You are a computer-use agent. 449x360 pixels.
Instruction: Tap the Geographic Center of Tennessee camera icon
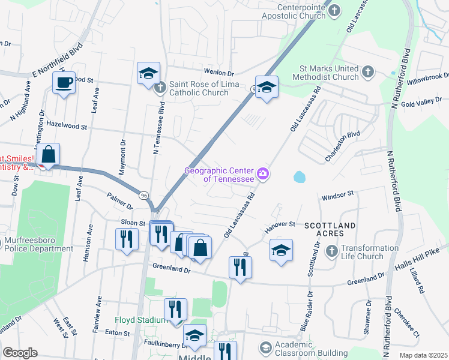tap(263, 175)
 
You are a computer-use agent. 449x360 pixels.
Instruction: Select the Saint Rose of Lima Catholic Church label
tap(198, 88)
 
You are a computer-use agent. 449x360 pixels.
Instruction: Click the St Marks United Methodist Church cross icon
tap(369, 73)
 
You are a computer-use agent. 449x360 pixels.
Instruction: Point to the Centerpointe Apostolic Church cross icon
tap(335, 10)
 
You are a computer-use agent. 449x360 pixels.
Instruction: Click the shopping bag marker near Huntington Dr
tap(48, 155)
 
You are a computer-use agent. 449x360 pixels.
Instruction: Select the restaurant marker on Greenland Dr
tap(240, 267)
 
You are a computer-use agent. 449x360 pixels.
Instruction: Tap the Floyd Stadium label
tap(142, 320)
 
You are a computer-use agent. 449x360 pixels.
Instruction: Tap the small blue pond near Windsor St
tap(299, 178)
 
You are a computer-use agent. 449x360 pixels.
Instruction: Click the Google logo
tap(20, 352)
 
